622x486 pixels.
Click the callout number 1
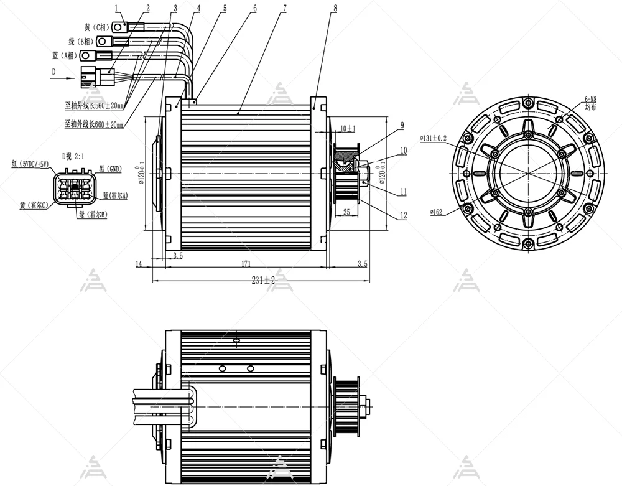coord(116,8)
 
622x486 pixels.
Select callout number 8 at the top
coord(335,8)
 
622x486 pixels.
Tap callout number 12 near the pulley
coord(403,215)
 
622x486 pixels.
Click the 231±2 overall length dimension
coord(263,280)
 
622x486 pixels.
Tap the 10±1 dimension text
coord(347,129)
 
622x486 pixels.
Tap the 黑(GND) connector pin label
coord(111,169)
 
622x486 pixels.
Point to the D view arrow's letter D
coord(53,72)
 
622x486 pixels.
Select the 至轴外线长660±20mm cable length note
coord(94,124)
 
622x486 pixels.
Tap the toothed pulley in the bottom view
coord(346,404)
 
